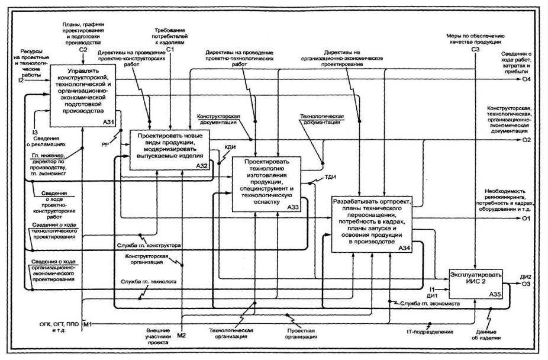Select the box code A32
201,166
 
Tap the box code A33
292,208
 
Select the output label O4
526,79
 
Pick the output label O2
526,140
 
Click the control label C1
169,50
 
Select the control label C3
475,50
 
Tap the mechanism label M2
182,336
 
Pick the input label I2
21,80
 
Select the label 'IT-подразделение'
430,332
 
